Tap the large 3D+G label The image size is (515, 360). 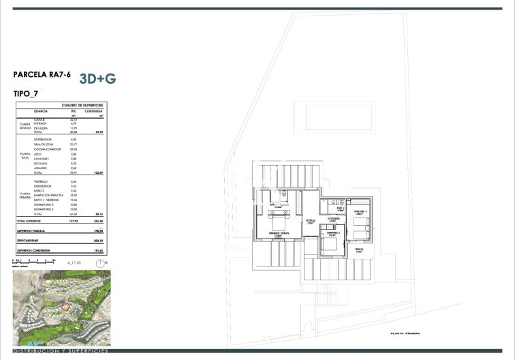click(x=98, y=78)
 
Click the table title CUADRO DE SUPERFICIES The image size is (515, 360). click(x=82, y=106)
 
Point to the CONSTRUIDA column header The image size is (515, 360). click(x=97, y=112)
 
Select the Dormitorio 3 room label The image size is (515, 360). click(x=360, y=213)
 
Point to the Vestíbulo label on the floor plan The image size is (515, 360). click(x=310, y=220)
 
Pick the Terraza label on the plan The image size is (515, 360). click(x=360, y=250)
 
